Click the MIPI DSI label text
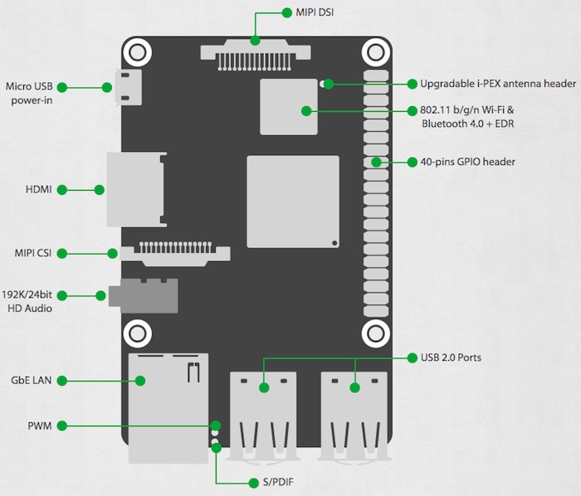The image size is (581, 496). point(315,12)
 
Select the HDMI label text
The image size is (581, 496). point(38,190)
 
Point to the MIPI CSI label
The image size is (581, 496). point(34,252)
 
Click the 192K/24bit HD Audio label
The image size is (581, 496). point(27,301)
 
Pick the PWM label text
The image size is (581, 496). point(39,426)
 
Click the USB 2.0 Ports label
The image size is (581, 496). point(451,357)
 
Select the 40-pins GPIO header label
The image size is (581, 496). point(467,162)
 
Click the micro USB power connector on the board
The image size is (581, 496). point(130,87)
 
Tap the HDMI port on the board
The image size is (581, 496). point(135,190)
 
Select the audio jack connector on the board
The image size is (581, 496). point(149,295)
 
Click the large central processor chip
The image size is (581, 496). point(293,201)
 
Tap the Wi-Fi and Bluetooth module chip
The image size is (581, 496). point(289,106)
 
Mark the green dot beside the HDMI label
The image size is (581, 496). point(99,190)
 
